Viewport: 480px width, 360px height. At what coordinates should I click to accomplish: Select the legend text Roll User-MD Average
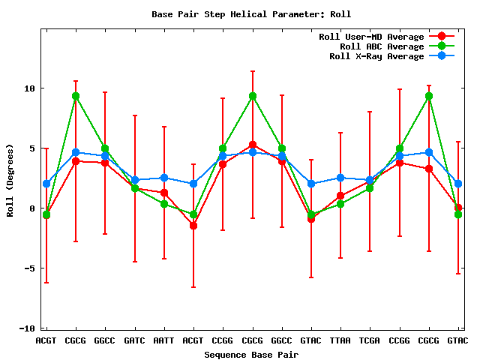point(371,37)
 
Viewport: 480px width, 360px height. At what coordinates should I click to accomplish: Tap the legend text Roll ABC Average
point(382,46)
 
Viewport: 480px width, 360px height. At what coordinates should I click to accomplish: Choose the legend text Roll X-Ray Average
point(376,56)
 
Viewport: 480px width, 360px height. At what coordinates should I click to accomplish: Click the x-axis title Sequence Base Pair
point(251,354)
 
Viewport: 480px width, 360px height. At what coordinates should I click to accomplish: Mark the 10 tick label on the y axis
point(29,88)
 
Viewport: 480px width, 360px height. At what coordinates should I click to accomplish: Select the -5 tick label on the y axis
point(29,268)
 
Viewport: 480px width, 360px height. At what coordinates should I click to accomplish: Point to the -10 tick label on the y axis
point(26,328)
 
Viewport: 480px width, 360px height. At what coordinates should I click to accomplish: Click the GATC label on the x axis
point(134,340)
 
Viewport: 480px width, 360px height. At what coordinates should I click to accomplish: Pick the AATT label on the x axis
point(163,340)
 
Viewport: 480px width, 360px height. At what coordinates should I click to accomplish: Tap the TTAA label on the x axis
point(340,340)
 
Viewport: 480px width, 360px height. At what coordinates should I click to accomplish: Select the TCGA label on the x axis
point(370,340)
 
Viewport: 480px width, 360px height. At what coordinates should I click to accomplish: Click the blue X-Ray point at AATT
point(164,178)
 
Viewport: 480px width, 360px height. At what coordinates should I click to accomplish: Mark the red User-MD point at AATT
point(164,193)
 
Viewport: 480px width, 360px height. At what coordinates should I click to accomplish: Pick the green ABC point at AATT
point(164,204)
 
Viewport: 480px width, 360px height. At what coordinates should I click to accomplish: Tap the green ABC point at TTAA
point(340,204)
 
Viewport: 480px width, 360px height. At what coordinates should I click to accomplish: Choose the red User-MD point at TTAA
point(340,196)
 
